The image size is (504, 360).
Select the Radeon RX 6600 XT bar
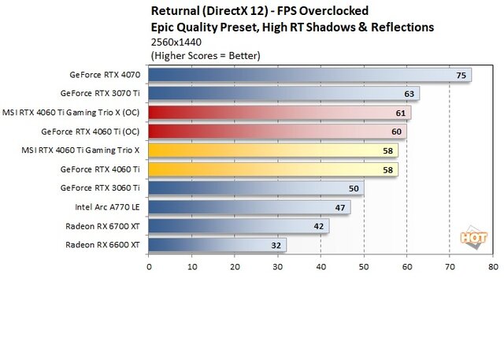[217, 245]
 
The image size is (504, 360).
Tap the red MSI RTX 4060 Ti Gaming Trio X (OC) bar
[279, 113]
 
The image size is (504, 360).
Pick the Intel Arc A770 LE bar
[249, 207]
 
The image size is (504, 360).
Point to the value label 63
[409, 94]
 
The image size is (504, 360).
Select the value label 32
[276, 245]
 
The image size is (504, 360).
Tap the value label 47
[340, 207]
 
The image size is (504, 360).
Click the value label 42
[319, 226]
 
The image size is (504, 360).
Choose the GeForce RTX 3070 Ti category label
[100, 94]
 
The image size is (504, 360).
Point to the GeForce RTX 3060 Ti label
[100, 188]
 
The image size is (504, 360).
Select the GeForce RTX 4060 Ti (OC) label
[91, 132]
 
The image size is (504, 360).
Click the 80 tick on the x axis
[492, 266]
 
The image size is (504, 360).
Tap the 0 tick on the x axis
[149, 266]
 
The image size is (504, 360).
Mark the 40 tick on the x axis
[321, 266]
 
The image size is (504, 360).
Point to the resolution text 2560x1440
[175, 41]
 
